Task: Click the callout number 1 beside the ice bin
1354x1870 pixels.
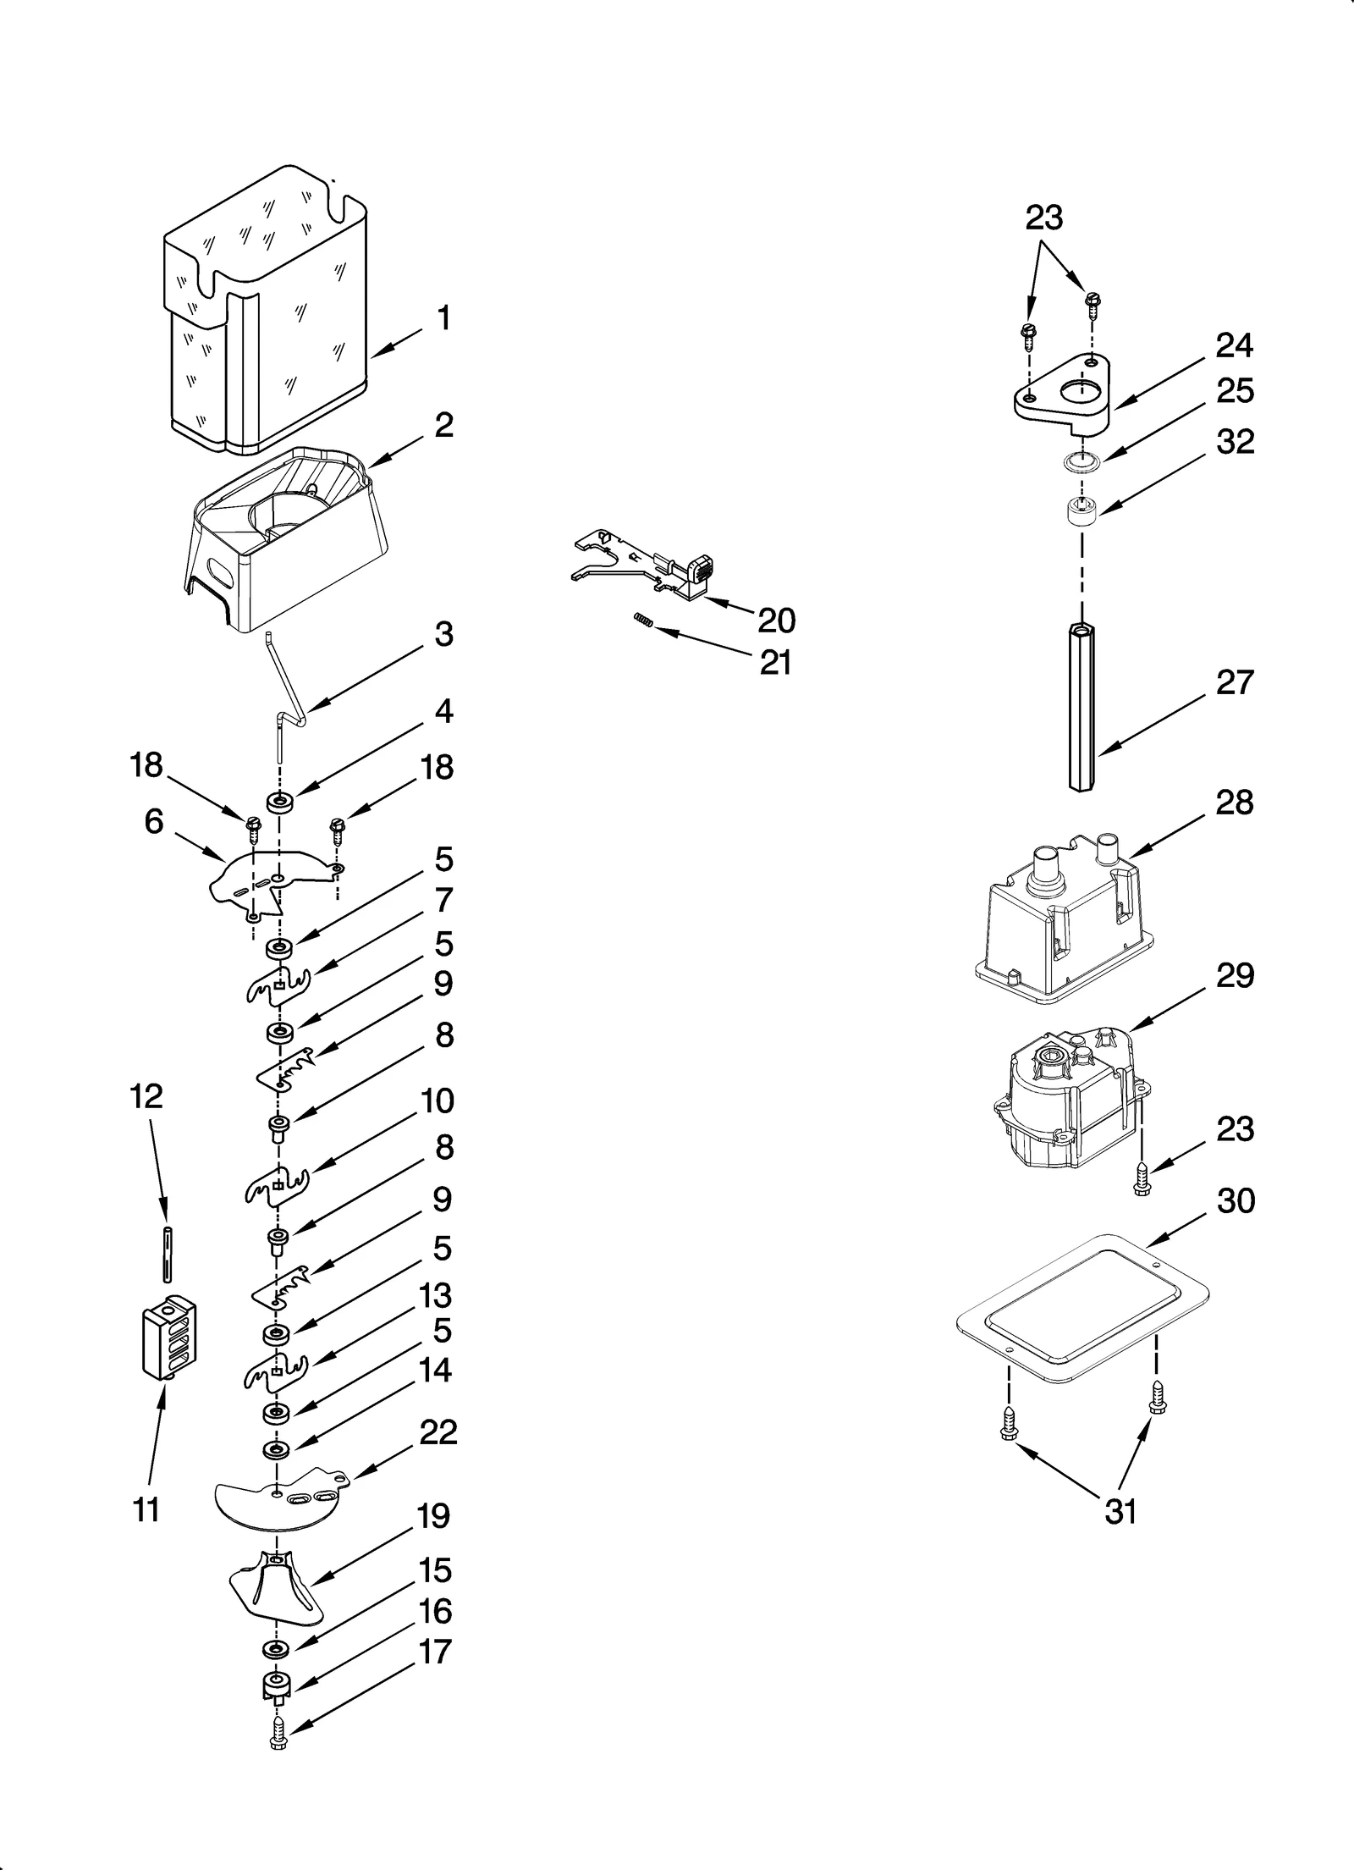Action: coord(443,319)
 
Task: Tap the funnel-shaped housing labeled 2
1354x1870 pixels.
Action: coord(288,542)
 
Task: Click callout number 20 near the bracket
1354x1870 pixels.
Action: coord(776,621)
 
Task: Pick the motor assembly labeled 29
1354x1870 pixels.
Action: coord(1066,1100)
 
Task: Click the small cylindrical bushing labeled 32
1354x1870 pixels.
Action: coord(1080,512)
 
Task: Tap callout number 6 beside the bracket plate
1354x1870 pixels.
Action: coord(153,821)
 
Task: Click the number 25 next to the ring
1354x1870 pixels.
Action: coord(1234,391)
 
